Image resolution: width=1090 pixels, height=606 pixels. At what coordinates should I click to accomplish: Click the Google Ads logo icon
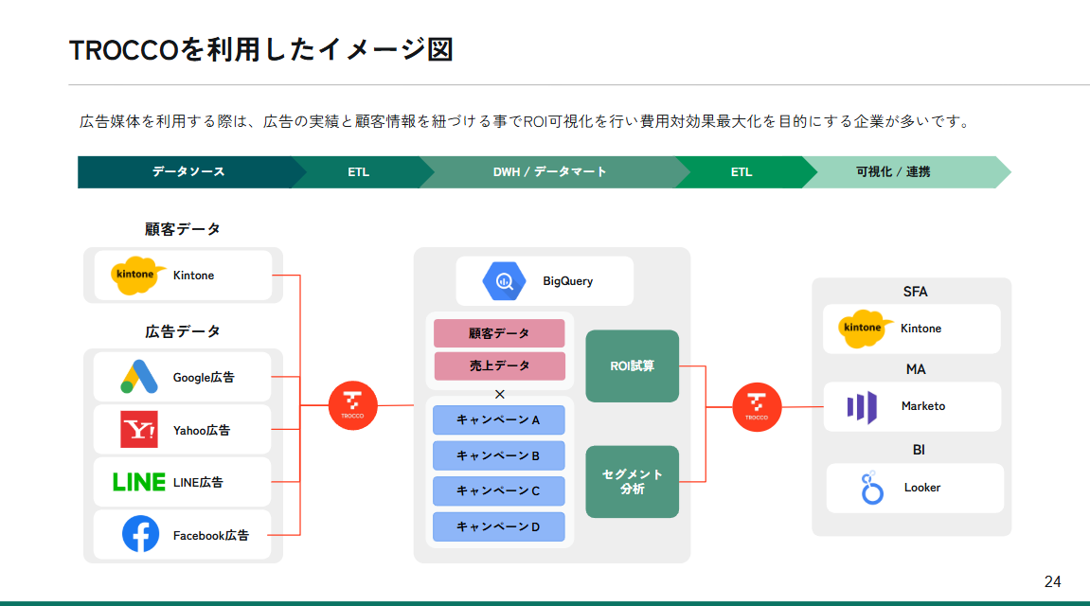tap(139, 377)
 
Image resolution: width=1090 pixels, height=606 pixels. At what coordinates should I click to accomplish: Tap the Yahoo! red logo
tap(139, 429)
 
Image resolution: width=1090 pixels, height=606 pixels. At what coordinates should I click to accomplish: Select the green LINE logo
tap(139, 482)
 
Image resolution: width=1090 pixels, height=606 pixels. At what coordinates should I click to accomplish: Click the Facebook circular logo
tap(140, 534)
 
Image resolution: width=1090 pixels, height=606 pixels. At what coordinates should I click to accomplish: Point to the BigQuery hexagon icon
tap(504, 280)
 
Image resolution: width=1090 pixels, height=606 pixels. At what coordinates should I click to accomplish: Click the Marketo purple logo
tap(862, 407)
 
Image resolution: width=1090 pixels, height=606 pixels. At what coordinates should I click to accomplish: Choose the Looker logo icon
tap(871, 489)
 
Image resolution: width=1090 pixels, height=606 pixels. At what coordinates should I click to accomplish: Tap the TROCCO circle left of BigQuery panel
tap(352, 406)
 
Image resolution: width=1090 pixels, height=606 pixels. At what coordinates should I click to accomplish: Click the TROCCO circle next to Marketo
tap(757, 407)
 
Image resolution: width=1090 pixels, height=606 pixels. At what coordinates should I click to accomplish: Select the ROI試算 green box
tap(632, 365)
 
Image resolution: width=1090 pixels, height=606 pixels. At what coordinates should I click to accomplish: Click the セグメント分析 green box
tap(632, 481)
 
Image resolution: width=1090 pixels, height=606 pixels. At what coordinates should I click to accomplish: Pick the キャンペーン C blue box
tap(498, 490)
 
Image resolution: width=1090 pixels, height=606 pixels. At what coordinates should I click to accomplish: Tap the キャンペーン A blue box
tap(498, 419)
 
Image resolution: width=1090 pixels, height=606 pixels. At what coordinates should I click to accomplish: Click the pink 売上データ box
tap(499, 365)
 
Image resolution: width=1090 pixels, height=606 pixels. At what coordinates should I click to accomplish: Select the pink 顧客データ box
tap(499, 333)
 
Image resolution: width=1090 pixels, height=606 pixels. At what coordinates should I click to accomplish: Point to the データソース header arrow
tap(188, 172)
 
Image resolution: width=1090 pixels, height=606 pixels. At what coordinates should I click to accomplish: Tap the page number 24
tap(1052, 580)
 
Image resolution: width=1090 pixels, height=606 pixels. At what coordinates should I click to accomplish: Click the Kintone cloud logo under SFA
tap(862, 329)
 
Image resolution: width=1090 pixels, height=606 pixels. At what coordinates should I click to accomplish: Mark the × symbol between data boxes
tap(500, 394)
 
